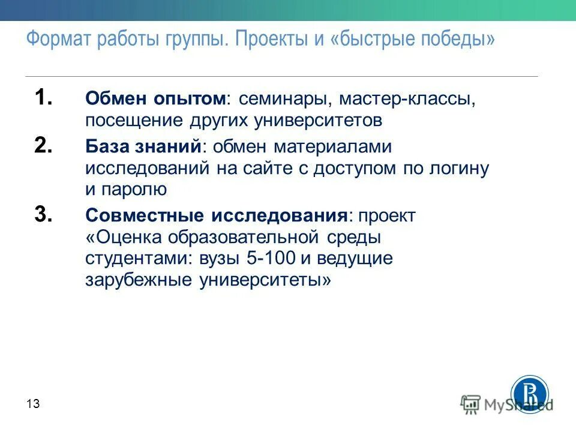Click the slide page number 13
point(33,404)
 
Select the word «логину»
point(462,169)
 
